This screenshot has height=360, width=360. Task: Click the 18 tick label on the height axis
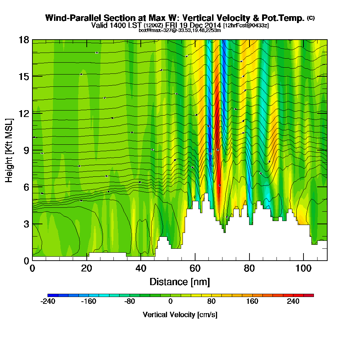(x=24, y=40)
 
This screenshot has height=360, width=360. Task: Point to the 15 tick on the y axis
(x=24, y=77)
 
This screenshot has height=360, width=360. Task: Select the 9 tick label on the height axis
(x=26, y=150)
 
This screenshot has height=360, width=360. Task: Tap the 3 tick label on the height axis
(x=26, y=224)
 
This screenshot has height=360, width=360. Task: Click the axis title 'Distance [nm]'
(x=180, y=282)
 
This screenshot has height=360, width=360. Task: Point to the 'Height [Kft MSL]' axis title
(x=9, y=150)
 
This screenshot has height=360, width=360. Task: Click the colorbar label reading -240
(x=48, y=301)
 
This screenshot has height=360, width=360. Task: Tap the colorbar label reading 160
(x=252, y=301)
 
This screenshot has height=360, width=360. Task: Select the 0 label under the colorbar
(x=171, y=301)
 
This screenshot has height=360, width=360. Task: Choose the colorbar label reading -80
(x=130, y=301)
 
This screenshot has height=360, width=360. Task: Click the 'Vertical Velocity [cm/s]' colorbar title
(x=180, y=315)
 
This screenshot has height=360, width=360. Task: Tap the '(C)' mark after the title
(x=311, y=18)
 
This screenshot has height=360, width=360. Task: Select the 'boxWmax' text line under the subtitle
(x=180, y=30)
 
